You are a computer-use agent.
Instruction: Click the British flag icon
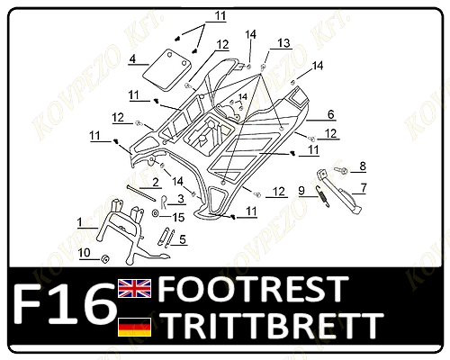(x=134, y=288)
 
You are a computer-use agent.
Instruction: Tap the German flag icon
(x=134, y=327)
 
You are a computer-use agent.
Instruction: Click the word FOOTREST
(x=253, y=289)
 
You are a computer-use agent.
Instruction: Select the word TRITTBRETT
(x=273, y=325)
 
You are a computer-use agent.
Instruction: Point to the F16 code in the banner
(x=64, y=304)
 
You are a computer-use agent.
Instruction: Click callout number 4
(x=132, y=58)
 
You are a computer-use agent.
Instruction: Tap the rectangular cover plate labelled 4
(x=166, y=70)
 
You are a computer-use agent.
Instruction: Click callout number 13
(x=283, y=43)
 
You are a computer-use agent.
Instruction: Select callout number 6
(x=330, y=114)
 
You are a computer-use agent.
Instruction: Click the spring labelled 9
(x=322, y=196)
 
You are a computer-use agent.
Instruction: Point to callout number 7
(x=364, y=188)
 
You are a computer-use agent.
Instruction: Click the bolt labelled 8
(x=342, y=171)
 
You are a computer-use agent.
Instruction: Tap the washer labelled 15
(x=156, y=213)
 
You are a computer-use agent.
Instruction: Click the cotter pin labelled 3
(x=163, y=202)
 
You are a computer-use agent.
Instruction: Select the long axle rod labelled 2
(x=141, y=193)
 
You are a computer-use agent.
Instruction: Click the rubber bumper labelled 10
(x=105, y=259)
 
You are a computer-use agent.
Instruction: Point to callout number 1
(x=79, y=222)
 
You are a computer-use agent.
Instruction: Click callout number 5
(x=183, y=239)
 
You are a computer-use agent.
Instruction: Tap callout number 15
(x=178, y=218)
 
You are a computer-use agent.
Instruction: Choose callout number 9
(x=301, y=191)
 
